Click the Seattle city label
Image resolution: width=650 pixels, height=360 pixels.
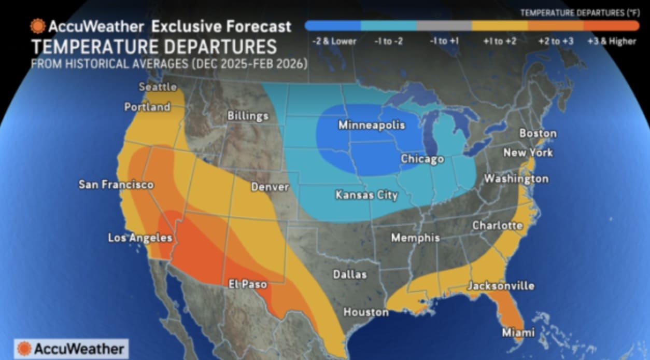[x=158, y=87]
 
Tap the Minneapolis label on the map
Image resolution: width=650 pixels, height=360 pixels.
[x=371, y=125]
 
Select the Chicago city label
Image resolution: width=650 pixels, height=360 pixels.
[x=422, y=159]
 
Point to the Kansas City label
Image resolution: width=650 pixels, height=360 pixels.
[x=366, y=195]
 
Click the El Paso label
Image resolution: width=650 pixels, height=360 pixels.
[x=248, y=284]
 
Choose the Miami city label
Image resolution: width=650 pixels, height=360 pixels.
[x=518, y=332]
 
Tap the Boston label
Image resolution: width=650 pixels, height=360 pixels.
[x=538, y=133]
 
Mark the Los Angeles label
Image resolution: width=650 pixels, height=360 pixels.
[x=140, y=238]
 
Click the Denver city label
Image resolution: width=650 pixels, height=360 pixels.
[x=270, y=186]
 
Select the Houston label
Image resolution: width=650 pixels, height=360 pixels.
[x=365, y=312]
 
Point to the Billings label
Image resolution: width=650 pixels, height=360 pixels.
[x=248, y=116]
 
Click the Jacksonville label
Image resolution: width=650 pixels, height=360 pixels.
[x=501, y=286]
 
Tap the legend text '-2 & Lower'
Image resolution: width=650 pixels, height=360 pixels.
[x=335, y=41]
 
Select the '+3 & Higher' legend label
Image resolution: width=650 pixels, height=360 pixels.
[x=611, y=41]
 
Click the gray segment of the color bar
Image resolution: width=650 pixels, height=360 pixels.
[x=444, y=25]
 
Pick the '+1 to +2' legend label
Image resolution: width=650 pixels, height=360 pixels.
[x=500, y=41]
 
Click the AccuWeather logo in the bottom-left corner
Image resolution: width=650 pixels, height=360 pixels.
[x=72, y=349]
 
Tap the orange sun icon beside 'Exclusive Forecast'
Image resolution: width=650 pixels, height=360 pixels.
[x=38, y=26]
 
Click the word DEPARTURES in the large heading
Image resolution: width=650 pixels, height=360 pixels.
[x=215, y=47]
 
